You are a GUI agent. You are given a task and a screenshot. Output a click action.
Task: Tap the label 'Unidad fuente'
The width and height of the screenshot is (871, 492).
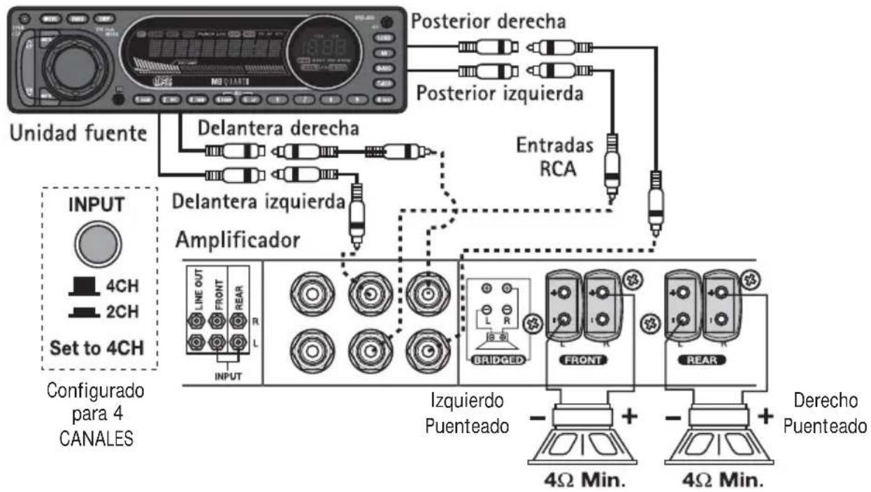[x=78, y=134]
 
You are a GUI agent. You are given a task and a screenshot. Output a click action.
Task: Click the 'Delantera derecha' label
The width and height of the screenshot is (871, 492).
[x=278, y=129]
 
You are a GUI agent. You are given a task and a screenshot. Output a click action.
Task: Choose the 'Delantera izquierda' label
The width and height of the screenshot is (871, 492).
[x=259, y=202]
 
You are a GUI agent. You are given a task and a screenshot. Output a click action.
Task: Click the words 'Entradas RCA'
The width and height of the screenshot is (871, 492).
[x=556, y=157]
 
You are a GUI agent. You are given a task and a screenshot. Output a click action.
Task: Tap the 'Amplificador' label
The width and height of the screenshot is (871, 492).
[x=238, y=239]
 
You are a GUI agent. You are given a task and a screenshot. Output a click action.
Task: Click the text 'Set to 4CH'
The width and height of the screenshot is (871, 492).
[x=97, y=346]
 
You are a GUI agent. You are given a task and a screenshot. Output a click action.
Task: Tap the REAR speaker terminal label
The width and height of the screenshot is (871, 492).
[x=701, y=360]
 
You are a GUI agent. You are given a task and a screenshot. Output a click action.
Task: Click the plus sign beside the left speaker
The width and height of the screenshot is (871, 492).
[x=629, y=416]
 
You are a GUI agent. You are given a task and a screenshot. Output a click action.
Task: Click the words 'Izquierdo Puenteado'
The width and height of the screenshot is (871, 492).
[x=468, y=414]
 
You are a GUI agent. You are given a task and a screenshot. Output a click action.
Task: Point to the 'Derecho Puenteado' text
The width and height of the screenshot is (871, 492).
[x=825, y=413]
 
